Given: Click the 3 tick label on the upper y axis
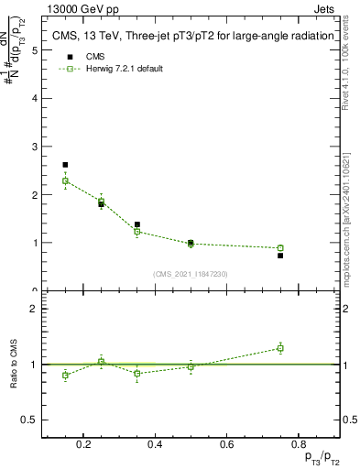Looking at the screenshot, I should click(34, 147).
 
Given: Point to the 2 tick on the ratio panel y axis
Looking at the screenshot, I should click(34, 309).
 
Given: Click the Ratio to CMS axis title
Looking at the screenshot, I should click(15, 364).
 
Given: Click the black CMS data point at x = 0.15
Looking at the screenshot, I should click(65, 165).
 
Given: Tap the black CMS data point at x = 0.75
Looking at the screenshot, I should click(280, 256).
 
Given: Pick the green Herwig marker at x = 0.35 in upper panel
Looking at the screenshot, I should click(136, 232).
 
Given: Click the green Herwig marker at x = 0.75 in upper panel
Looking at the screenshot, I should click(280, 247).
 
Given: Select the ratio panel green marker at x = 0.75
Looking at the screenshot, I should click(280, 348).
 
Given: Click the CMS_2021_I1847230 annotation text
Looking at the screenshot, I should click(191, 273).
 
